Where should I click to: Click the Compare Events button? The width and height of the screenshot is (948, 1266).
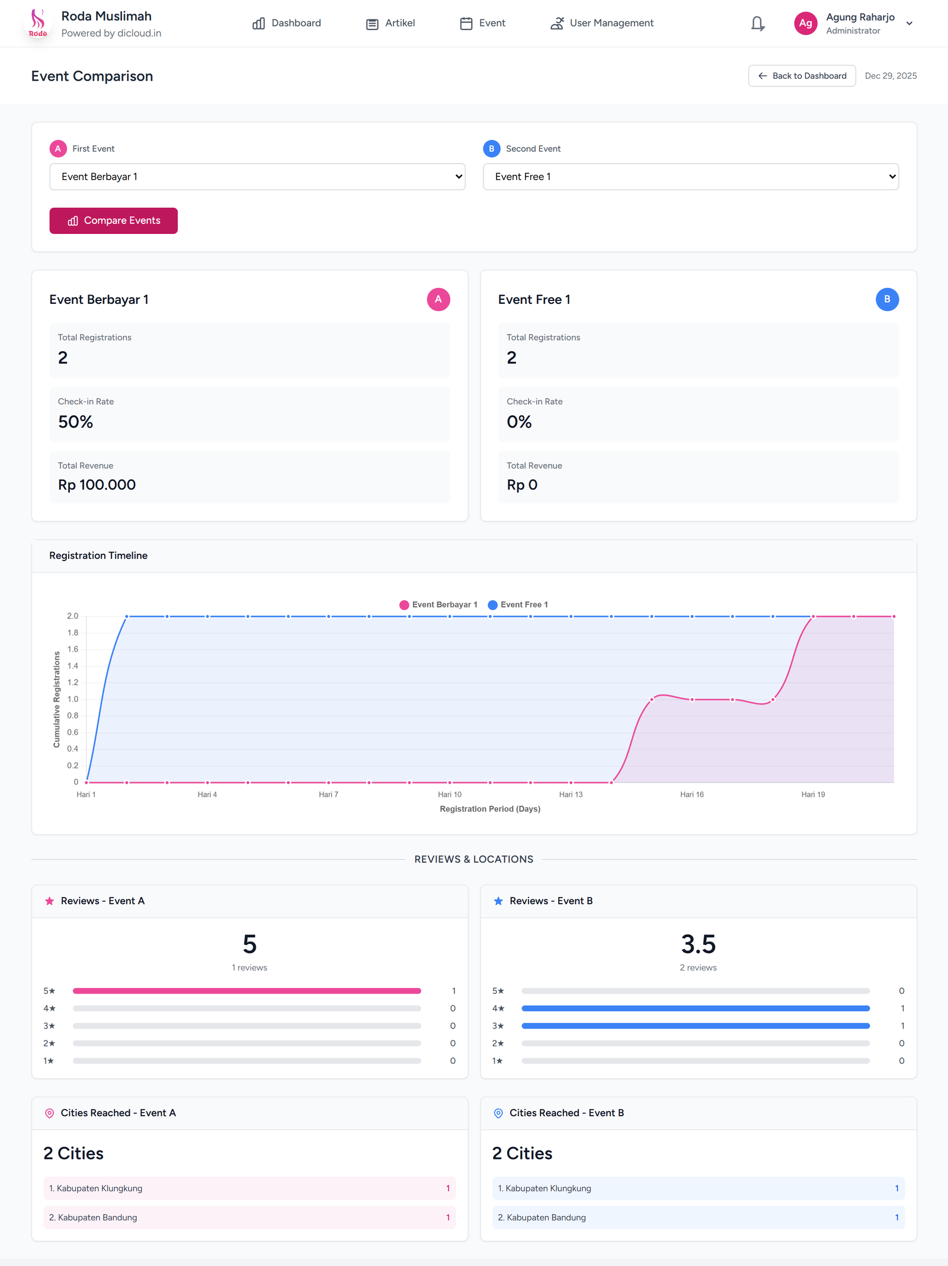tap(113, 220)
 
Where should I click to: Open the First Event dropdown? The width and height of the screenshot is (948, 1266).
tap(257, 177)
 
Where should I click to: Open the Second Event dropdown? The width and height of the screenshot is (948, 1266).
tap(690, 177)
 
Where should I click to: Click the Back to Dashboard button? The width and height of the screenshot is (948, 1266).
tap(802, 76)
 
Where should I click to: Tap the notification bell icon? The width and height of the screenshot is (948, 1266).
tap(757, 23)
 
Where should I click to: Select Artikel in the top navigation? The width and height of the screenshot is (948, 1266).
tap(390, 23)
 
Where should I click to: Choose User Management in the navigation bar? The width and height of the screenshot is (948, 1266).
tap(602, 23)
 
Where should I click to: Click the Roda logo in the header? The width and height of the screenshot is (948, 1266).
tap(38, 23)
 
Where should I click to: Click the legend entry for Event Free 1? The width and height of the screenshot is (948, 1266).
tap(518, 605)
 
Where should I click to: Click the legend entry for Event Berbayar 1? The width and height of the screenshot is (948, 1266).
tap(438, 605)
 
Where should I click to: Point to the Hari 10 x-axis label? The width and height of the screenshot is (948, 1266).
tap(450, 794)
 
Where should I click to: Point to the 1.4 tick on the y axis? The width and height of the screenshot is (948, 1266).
tap(73, 666)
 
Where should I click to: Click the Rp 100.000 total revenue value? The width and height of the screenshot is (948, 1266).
tap(97, 485)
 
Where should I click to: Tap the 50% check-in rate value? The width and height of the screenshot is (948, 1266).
tap(76, 422)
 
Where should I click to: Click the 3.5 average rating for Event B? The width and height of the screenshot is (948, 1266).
tap(698, 944)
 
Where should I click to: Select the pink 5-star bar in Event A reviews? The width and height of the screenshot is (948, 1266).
tap(246, 991)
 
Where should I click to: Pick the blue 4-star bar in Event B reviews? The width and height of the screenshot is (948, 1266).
tap(695, 1008)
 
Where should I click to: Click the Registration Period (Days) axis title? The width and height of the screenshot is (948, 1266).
tap(490, 809)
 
